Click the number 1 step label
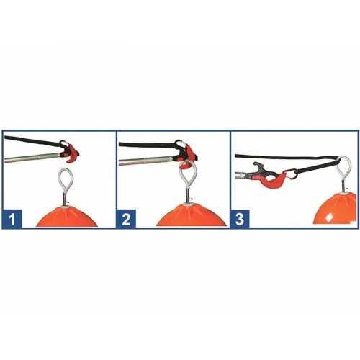tap(12, 219)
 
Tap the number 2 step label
tap(126, 219)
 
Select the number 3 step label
tap(240, 219)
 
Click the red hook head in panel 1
tap(72, 154)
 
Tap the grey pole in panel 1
tap(32, 158)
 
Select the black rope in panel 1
tap(34, 141)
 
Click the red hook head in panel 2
tap(189, 157)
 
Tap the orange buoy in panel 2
tap(192, 216)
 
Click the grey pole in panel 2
tap(145, 161)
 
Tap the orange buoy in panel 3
tap(336, 208)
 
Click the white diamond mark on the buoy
tap(329, 217)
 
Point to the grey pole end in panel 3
tap(240, 175)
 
